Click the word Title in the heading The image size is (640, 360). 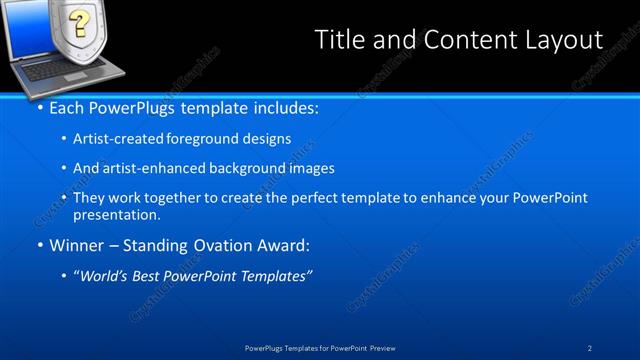coord(339,40)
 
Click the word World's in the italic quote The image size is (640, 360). coord(107,276)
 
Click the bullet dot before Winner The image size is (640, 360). coord(40,245)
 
